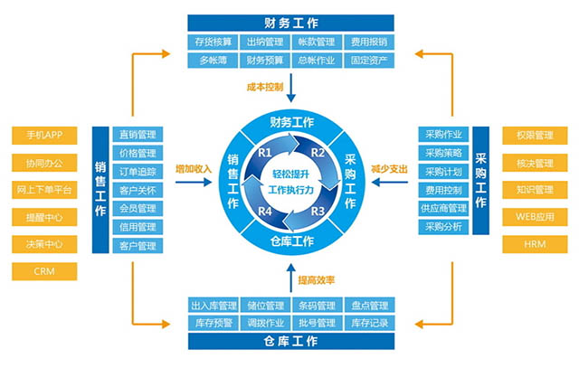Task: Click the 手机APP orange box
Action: pyautogui.click(x=44, y=135)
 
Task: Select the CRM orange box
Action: pyautogui.click(x=44, y=271)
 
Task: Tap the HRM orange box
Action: pyautogui.click(x=535, y=244)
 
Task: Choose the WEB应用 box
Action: pyautogui.click(x=535, y=217)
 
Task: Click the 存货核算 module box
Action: pyautogui.click(x=214, y=42)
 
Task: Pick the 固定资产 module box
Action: pyautogui.click(x=369, y=61)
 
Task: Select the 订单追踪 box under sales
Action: pyautogui.click(x=138, y=172)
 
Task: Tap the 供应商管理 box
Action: pyautogui.click(x=443, y=209)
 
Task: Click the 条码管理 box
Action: pyautogui.click(x=318, y=305)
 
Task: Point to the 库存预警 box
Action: pyautogui.click(x=214, y=324)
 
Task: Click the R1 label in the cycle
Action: pyautogui.click(x=265, y=153)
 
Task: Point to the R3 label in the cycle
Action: pyautogui.click(x=318, y=212)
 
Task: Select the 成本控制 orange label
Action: pyautogui.click(x=265, y=87)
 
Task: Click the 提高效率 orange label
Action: pyautogui.click(x=317, y=280)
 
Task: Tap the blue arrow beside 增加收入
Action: pyautogui.click(x=194, y=182)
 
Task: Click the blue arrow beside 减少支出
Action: pyautogui.click(x=390, y=182)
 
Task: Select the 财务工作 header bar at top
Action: pyautogui.click(x=291, y=23)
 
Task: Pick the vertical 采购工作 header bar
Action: pyautogui.click(x=480, y=181)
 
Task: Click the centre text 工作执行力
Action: pyautogui.click(x=291, y=190)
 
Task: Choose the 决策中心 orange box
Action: pyautogui.click(x=44, y=244)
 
